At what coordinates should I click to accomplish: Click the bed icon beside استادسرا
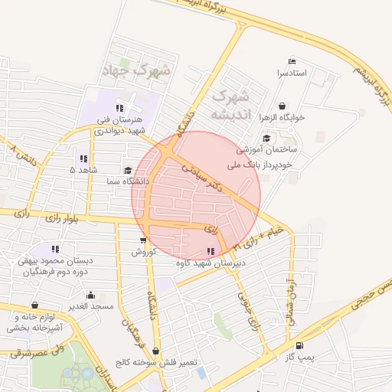[x=291, y=61]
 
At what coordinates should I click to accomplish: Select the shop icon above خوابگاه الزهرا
[x=283, y=106]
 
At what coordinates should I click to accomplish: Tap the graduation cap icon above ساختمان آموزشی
[x=266, y=139]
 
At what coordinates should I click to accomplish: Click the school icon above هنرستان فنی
[x=119, y=108]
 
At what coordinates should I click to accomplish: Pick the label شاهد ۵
[x=83, y=169]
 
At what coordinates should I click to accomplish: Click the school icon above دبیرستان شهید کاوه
[x=211, y=251]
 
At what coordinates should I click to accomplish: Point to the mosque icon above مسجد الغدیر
[x=91, y=295]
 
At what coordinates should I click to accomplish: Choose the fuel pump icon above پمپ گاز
[x=308, y=345]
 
